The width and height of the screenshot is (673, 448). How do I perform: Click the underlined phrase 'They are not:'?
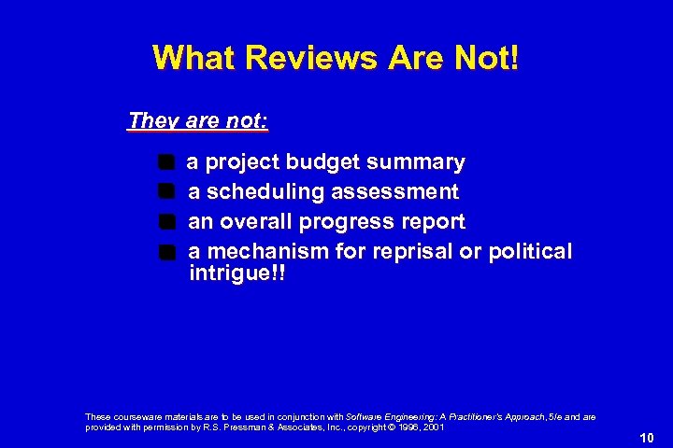198,121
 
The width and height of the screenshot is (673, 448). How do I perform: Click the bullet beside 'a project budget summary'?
166,162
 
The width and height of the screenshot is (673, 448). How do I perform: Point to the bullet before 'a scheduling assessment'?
166,192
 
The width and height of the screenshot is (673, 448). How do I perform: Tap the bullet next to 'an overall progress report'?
166,222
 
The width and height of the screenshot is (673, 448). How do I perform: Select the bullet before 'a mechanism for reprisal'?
166,252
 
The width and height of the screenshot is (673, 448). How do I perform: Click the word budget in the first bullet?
322,162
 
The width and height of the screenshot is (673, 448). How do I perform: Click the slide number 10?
647,437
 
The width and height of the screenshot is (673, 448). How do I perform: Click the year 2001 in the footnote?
433,427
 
